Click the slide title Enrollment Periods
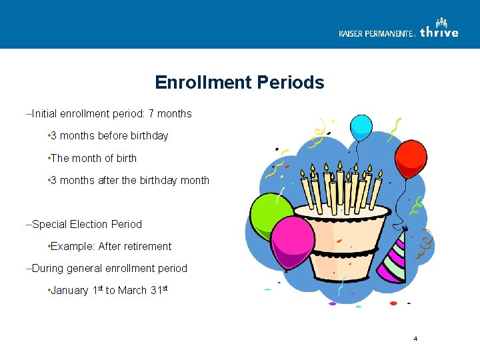click(239, 83)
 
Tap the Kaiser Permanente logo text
click(377, 33)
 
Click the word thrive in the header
click(439, 32)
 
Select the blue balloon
click(361, 127)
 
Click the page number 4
click(415, 339)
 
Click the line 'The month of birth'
click(93, 159)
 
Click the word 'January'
click(70, 291)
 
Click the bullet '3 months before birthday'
click(109, 136)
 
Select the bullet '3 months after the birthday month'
click(130, 181)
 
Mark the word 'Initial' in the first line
click(43, 114)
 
